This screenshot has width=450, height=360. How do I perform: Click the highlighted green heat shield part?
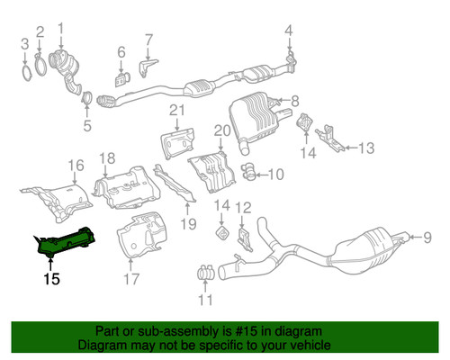coord(66,240)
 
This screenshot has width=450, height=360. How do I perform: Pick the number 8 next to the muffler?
coord(294,99)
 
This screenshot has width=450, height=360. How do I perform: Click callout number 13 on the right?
coord(365,148)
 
